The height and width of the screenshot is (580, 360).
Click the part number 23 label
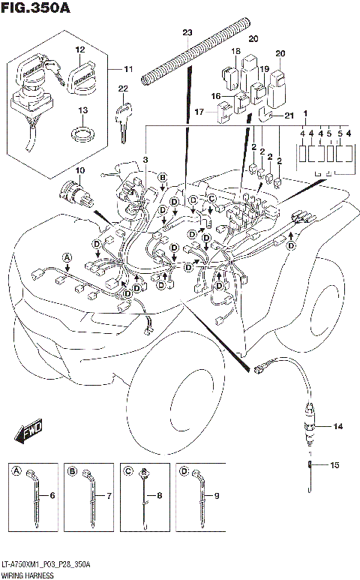[x=187, y=32]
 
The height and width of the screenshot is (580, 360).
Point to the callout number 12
[x=79, y=50]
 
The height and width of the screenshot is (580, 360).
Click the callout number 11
[x=128, y=70]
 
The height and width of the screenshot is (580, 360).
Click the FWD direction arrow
[x=27, y=433]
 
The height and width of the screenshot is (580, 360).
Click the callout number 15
[x=334, y=465]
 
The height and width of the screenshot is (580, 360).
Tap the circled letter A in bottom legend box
[x=15, y=470]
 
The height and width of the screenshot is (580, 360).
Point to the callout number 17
[x=199, y=113]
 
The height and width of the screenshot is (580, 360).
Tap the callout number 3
[x=145, y=160]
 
